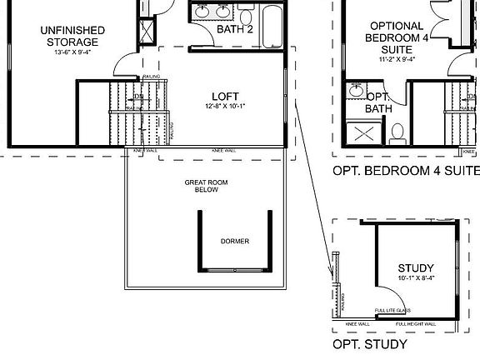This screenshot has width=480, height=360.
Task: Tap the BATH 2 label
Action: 234,30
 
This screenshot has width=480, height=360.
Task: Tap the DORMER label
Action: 234,242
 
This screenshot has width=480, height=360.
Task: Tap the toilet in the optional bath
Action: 397,132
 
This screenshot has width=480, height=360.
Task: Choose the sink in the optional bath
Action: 356,90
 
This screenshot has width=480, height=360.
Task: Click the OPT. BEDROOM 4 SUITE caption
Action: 406,172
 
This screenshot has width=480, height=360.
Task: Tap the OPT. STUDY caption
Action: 369,344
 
